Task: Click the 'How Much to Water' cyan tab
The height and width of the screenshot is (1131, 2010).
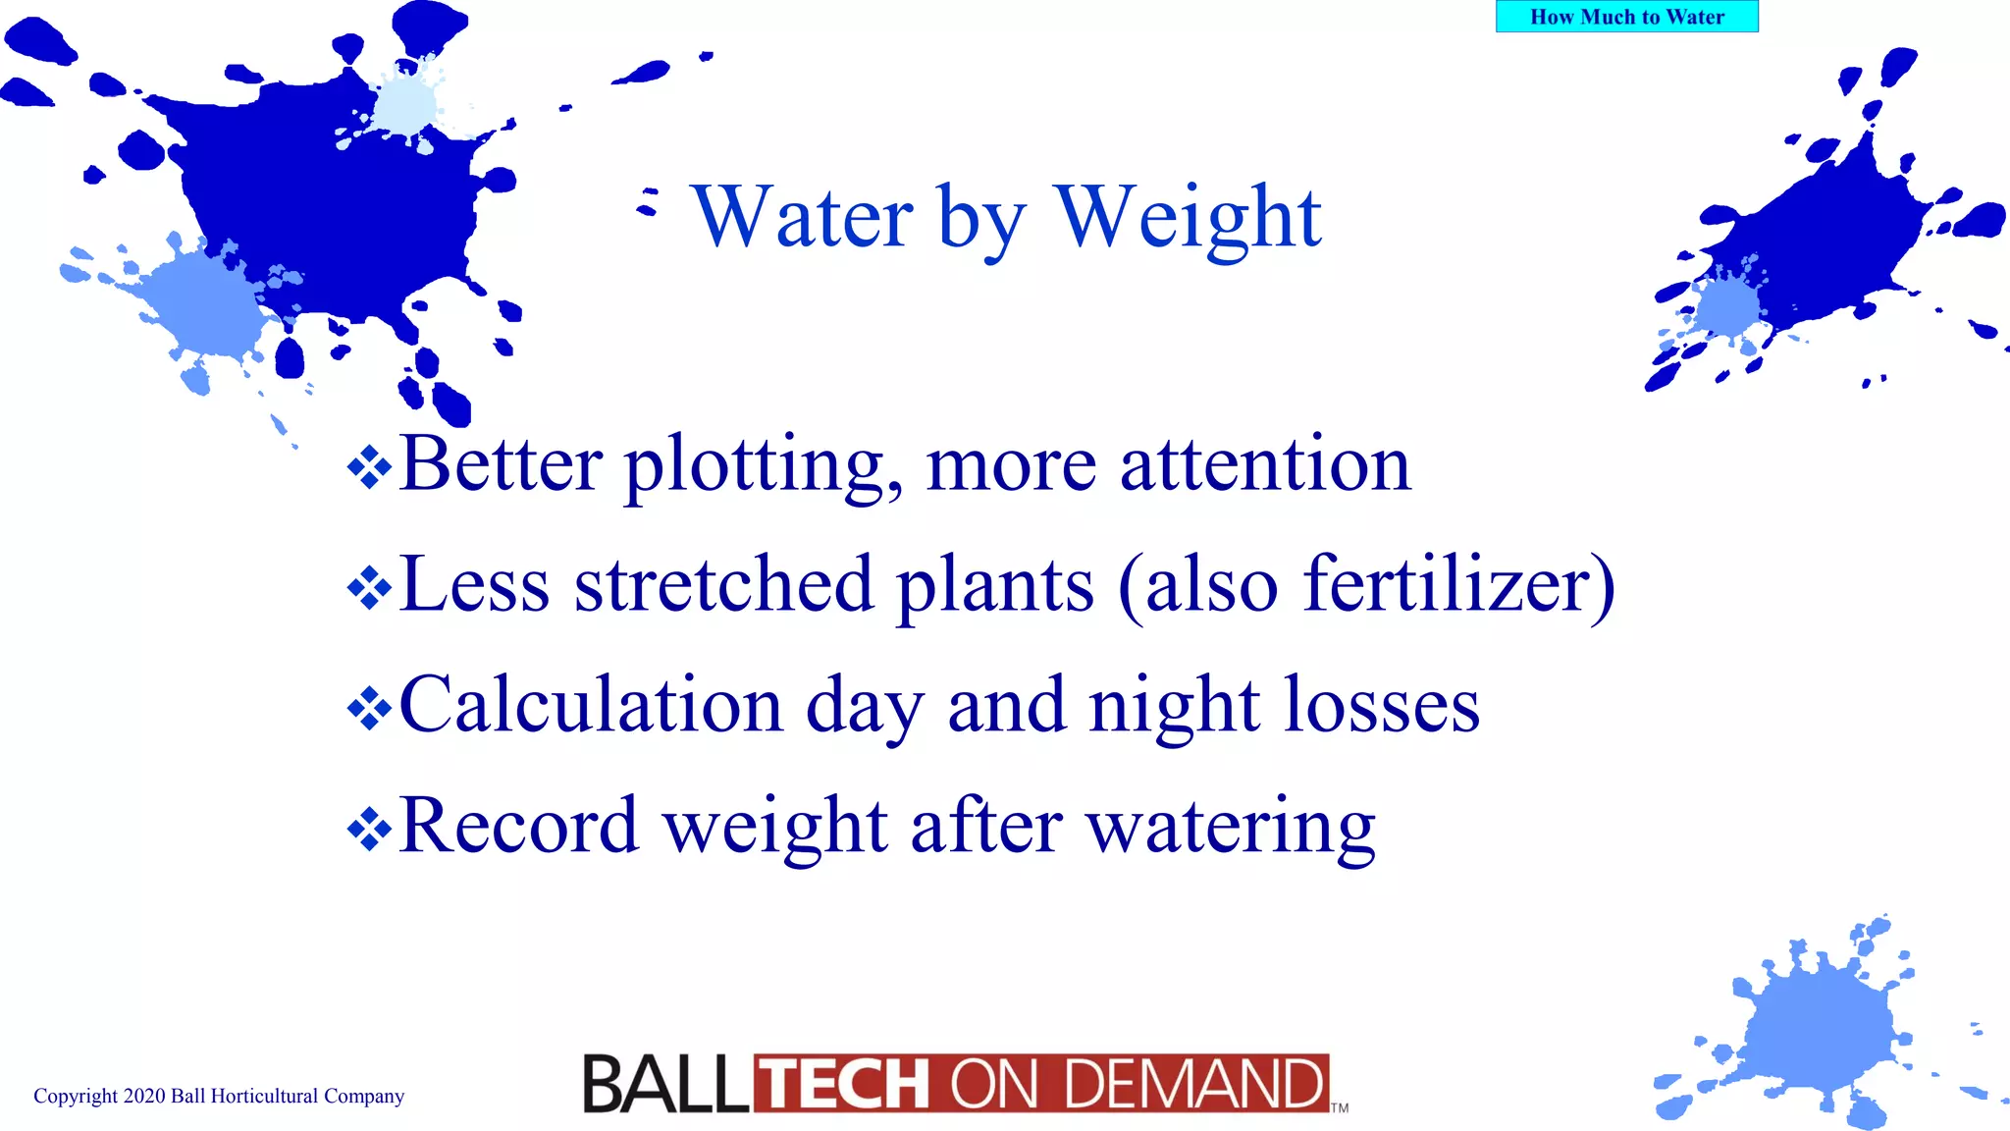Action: tap(1626, 17)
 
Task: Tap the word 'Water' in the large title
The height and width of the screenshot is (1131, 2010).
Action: tap(803, 217)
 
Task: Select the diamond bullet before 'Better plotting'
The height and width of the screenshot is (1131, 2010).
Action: tap(369, 467)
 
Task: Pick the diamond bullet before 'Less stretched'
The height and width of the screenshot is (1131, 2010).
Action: tap(369, 588)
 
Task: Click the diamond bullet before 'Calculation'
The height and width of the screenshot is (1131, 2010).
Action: tap(369, 709)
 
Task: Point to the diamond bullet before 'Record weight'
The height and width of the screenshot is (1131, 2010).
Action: tap(369, 830)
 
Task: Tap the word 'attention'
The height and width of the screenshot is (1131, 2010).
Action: tap(1265, 465)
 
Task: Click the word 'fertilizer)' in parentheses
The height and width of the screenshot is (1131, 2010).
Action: tap(1458, 585)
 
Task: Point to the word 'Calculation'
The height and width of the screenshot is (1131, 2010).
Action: tap(590, 706)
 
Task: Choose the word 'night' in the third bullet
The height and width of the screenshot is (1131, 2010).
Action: tap(1174, 706)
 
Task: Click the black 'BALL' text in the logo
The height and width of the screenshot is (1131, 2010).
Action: tap(665, 1085)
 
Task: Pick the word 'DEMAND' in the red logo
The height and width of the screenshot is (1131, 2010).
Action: tap(1194, 1085)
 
